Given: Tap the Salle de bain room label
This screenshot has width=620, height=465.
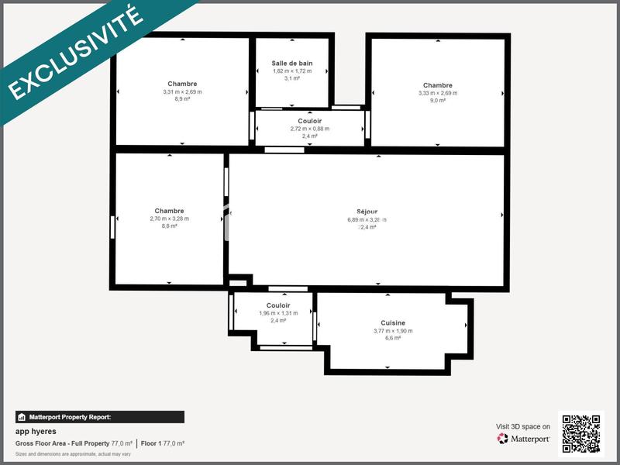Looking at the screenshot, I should pos(292,63).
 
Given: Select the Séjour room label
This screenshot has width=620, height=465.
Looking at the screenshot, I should pos(367,211).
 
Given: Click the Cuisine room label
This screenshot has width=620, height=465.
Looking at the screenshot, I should pos(393,322).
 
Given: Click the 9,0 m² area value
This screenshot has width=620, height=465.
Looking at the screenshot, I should pos(437,100).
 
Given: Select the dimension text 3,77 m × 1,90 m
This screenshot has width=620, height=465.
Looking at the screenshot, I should pos(393,331).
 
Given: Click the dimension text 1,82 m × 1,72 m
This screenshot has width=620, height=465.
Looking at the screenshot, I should pos(292,71).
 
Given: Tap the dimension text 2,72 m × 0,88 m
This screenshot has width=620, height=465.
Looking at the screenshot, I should pos(310,129).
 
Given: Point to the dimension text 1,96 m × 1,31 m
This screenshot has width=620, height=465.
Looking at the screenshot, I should pos(278,313).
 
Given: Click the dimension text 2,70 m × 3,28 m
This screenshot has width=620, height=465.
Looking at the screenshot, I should pos(169,219).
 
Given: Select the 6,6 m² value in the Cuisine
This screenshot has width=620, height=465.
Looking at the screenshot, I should pos(393,338).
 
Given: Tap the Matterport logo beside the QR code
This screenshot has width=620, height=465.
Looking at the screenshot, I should pos(524,439).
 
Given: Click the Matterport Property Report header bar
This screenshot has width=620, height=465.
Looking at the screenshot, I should pos(99,417).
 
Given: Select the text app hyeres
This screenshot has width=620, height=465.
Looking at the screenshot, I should pos(36,431).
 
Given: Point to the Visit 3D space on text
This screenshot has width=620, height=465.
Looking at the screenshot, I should pos(523,426).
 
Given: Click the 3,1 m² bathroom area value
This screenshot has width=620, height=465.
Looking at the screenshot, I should pos(292,78).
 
